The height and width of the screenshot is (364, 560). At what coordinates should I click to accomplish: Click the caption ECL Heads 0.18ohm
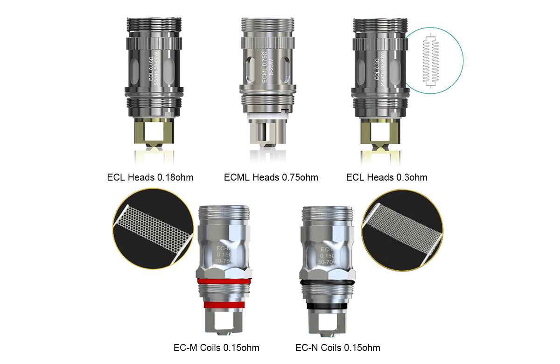pyautogui.click(x=150, y=177)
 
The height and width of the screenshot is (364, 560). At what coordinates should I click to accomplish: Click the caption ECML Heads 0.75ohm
pyautogui.click(x=271, y=177)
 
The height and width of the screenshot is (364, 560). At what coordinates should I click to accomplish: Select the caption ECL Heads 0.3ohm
pyautogui.click(x=386, y=177)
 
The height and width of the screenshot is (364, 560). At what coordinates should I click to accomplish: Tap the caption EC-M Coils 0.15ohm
pyautogui.click(x=216, y=348)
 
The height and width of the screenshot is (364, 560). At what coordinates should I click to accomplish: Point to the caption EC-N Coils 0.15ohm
pyautogui.click(x=338, y=348)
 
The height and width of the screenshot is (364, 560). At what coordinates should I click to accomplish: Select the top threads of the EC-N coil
pyautogui.click(x=325, y=215)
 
